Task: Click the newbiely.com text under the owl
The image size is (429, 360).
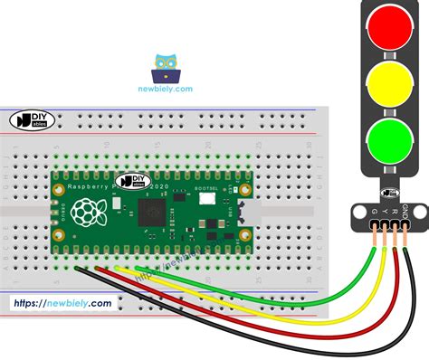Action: [166, 89]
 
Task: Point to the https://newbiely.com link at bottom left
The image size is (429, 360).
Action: [62, 304]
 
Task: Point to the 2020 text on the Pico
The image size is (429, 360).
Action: [160, 185]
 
